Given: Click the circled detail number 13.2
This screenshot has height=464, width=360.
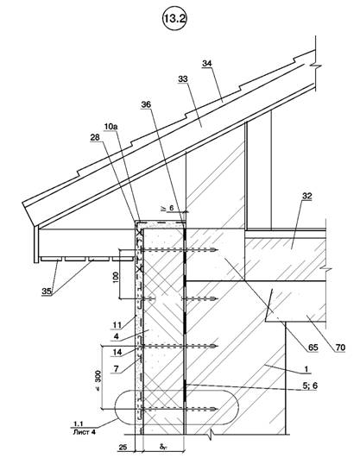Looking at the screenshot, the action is click(174, 18).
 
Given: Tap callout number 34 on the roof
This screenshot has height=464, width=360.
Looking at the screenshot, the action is click(207, 63).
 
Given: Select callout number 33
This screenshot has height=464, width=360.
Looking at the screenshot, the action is click(183, 79).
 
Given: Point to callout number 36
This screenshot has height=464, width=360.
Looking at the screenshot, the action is click(146, 104).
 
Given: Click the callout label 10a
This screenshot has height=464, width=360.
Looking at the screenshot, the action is click(111, 127).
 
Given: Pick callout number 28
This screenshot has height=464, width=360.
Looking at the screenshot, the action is click(95, 138).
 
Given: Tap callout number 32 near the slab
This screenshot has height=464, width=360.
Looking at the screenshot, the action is click(307, 196).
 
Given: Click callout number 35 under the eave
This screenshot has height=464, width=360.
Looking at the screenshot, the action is click(47, 292).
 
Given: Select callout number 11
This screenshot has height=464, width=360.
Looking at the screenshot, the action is click(117, 325).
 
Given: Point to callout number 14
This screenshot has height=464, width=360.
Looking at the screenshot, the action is click(117, 352).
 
